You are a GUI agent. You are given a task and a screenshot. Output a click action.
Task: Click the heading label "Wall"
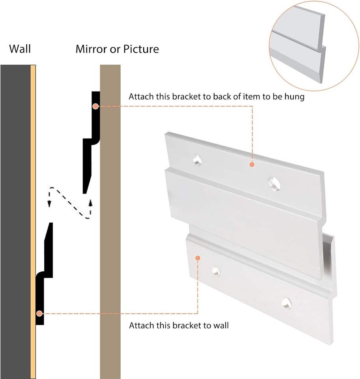[x=20, y=49]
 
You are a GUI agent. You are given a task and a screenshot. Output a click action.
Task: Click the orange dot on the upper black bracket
[x=95, y=106]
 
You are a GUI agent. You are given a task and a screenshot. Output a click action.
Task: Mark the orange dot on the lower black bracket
[x=39, y=313]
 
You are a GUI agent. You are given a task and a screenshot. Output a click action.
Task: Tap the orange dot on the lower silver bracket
[x=198, y=258]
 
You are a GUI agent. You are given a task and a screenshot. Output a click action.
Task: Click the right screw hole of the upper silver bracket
[x=274, y=182]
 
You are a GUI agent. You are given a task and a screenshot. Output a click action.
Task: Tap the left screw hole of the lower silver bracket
[x=215, y=270]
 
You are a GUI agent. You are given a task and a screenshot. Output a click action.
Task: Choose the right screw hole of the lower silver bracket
[x=287, y=303]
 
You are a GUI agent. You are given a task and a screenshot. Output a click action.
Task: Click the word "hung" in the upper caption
[x=296, y=97]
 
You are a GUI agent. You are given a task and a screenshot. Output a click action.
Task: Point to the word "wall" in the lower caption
[x=221, y=326]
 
